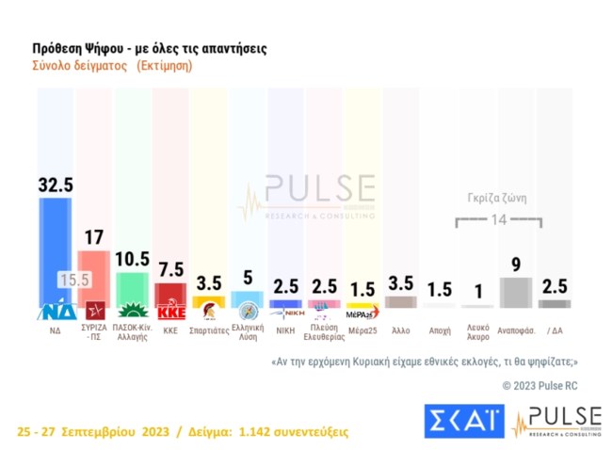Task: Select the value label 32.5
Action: tap(56, 185)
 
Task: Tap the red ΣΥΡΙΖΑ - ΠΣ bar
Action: tap(93, 273)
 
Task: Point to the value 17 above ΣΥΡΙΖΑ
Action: tap(93, 237)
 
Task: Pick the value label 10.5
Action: tap(132, 260)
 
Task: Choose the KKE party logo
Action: tap(170, 312)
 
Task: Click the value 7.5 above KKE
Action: tap(170, 271)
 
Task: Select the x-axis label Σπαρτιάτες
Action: tap(209, 332)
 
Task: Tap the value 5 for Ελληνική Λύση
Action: tap(248, 278)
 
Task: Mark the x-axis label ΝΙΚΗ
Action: tap(286, 332)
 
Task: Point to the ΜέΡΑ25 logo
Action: tap(362, 314)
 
